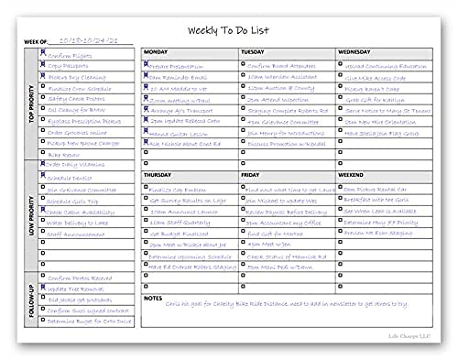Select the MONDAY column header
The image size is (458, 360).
pos(157,52)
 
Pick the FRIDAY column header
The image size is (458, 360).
pos(251,173)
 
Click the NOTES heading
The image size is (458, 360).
pos(154,299)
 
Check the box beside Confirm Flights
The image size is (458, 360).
pos(42,54)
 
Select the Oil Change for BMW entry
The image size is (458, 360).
pos(77,108)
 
